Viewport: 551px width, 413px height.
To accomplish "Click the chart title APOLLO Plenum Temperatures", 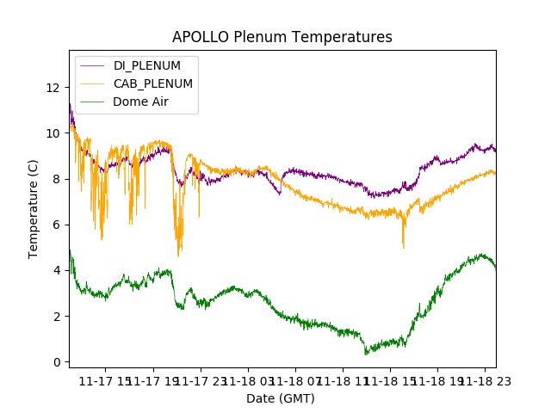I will pyautogui.click(x=282, y=37).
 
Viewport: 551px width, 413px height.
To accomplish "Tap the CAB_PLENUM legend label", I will pyautogui.click(x=153, y=83).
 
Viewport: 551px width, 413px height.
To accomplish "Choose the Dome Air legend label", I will pyautogui.click(x=141, y=102).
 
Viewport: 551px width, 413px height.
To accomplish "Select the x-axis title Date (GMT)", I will pyautogui.click(x=281, y=398).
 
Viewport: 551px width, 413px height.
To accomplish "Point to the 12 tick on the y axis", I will pyautogui.click(x=53, y=88).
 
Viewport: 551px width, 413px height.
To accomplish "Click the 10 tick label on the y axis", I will pyautogui.click(x=53, y=133).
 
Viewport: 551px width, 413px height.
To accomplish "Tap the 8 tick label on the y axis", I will pyautogui.click(x=57, y=179).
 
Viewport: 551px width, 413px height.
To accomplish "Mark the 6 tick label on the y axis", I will pyautogui.click(x=57, y=225).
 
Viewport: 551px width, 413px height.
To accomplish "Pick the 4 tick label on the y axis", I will pyautogui.click(x=57, y=271).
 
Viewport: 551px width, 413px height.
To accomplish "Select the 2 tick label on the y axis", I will pyautogui.click(x=57, y=317).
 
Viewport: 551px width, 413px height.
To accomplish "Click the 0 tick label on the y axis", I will pyautogui.click(x=57, y=362).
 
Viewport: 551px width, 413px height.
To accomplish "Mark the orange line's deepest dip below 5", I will pyautogui.click(x=178, y=256).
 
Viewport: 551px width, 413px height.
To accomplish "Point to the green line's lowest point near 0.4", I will pyautogui.click(x=366, y=354).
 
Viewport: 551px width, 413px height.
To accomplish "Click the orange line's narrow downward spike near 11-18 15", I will pyautogui.click(x=403, y=248).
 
